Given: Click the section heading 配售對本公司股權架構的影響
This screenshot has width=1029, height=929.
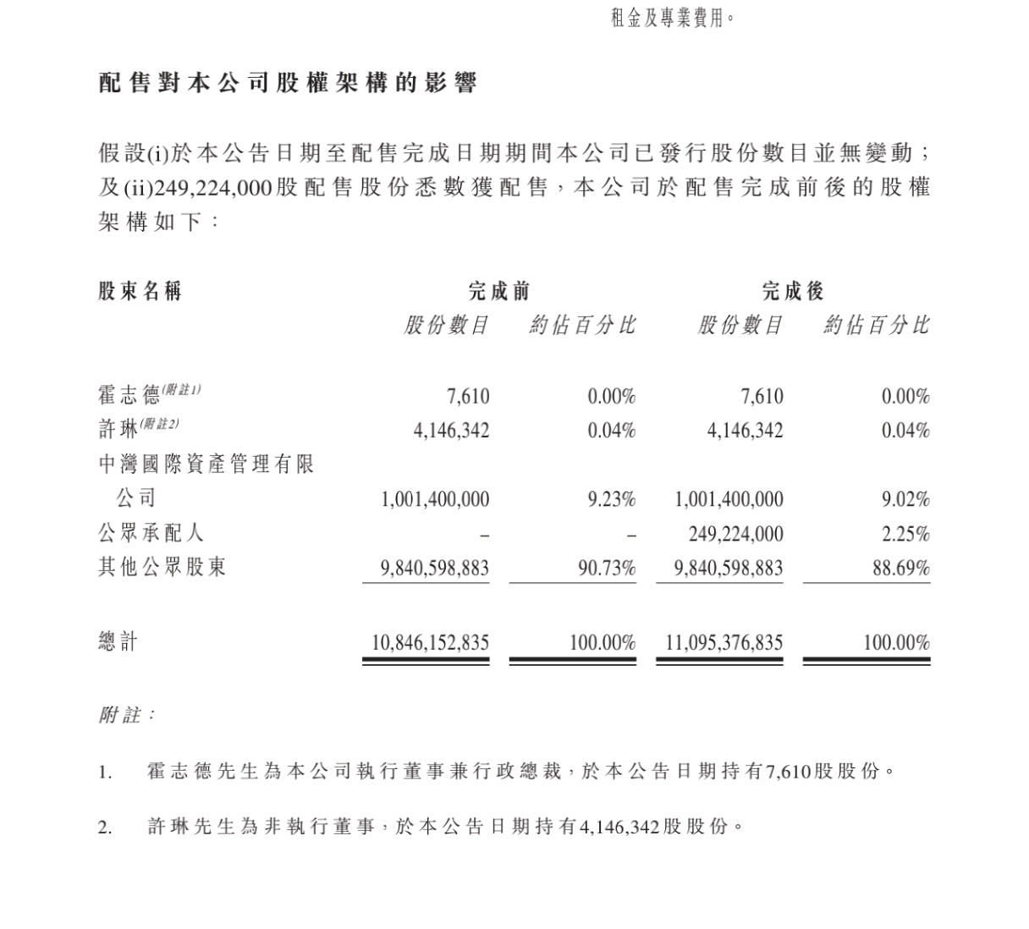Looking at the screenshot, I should (288, 83).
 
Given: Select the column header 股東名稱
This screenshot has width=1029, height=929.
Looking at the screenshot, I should (140, 292).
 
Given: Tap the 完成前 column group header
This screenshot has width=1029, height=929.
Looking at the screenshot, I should (499, 292).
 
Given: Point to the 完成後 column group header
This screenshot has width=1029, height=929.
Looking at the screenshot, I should (793, 292).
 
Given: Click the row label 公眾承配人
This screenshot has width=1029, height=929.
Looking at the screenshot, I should (151, 533).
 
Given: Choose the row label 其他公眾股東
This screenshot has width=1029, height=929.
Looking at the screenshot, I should (162, 567).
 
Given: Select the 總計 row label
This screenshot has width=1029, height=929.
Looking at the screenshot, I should (118, 642).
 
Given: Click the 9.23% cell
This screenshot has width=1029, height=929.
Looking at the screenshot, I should (611, 499).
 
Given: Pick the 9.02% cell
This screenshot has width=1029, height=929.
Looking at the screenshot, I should (905, 499).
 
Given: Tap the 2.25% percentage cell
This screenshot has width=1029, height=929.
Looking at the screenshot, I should (905, 534).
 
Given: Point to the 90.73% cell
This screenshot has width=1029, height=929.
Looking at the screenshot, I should (607, 568).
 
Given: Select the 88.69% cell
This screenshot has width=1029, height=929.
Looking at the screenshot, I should (901, 568).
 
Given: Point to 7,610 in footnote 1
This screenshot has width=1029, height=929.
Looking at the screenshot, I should (788, 772).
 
